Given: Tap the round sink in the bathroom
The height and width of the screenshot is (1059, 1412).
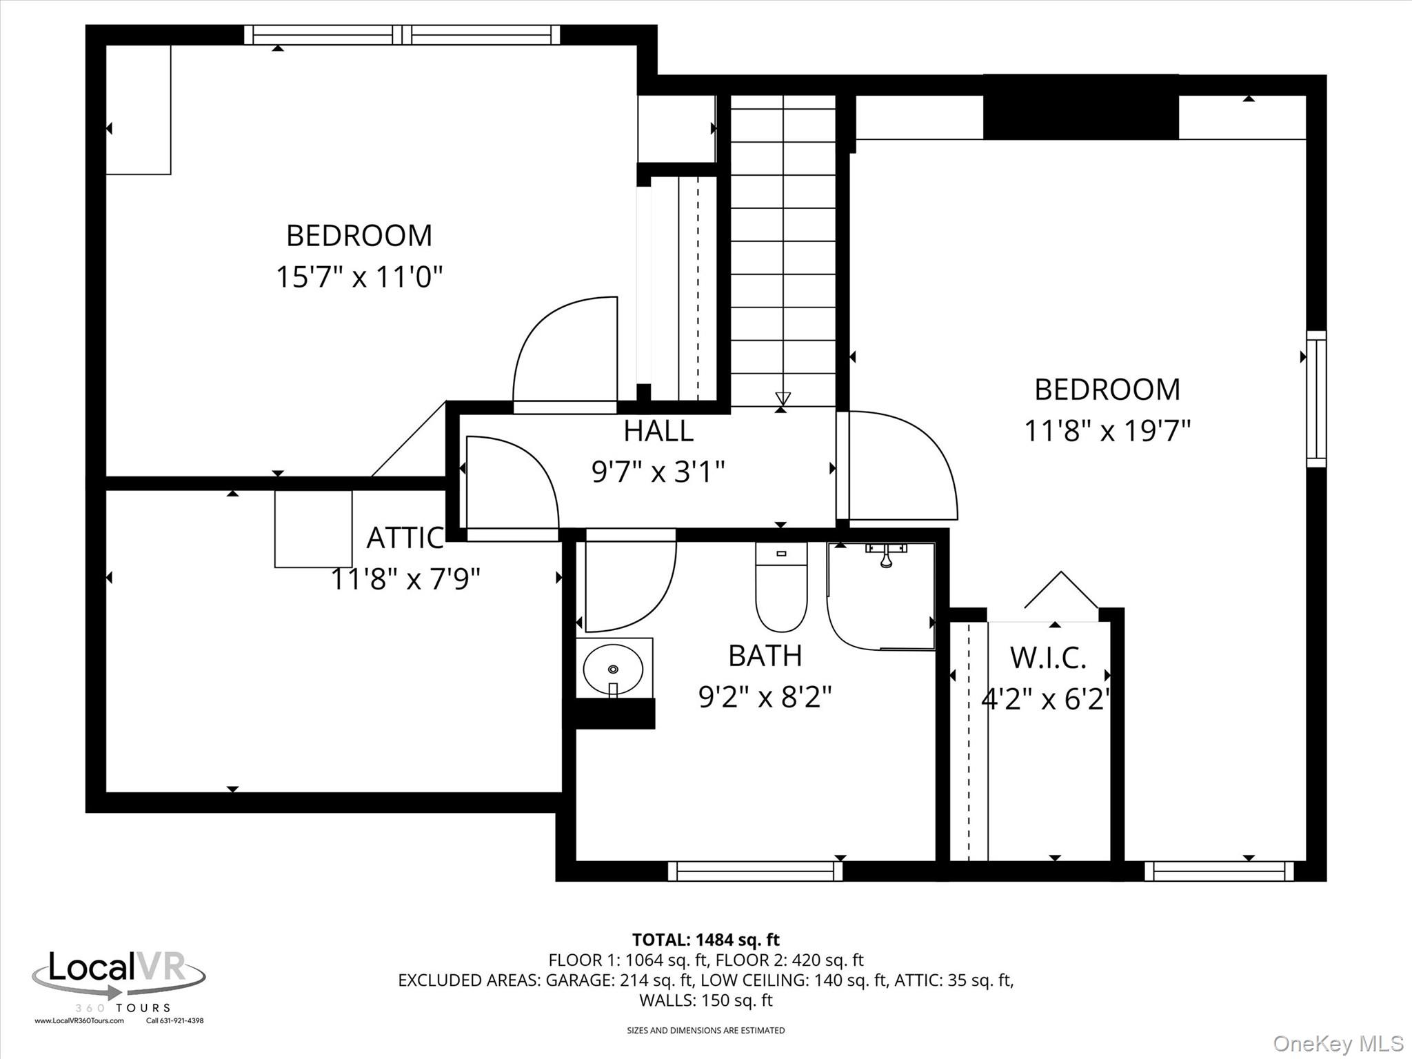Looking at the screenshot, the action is (613, 668).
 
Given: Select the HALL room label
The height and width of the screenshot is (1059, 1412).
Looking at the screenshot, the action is (658, 431).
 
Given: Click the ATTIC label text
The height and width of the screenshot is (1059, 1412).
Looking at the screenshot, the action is (405, 538).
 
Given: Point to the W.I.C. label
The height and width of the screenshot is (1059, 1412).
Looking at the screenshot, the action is (1048, 658).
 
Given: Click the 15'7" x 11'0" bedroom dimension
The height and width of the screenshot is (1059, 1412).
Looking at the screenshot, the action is (359, 277).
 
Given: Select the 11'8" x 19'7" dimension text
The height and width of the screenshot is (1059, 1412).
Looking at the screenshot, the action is (1107, 432).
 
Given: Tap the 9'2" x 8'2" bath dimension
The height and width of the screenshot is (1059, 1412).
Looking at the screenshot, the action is (765, 697).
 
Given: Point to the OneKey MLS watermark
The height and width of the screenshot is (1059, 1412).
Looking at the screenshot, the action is (1338, 1043).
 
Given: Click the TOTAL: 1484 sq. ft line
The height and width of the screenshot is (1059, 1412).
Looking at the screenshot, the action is (706, 940).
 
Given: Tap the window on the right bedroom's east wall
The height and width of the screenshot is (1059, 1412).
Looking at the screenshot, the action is (1316, 399).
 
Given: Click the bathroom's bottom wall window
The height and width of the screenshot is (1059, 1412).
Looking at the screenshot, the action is (756, 871).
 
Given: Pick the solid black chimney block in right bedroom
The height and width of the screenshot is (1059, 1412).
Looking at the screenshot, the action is (1080, 107).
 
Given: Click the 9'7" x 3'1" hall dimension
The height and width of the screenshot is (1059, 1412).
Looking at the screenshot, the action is (658, 472).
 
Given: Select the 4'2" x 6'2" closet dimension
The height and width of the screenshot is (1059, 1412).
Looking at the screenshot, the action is (1046, 700).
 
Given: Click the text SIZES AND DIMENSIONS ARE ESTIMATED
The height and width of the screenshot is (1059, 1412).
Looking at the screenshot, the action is (705, 1031).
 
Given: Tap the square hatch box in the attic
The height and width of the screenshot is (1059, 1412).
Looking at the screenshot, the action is (313, 529).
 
